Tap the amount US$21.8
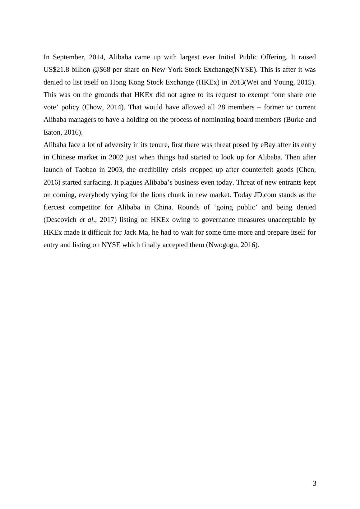[x=56, y=70]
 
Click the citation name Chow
[x=93, y=107]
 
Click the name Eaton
[x=53, y=132]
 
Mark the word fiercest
[x=54, y=207]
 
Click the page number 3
[x=314, y=484]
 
